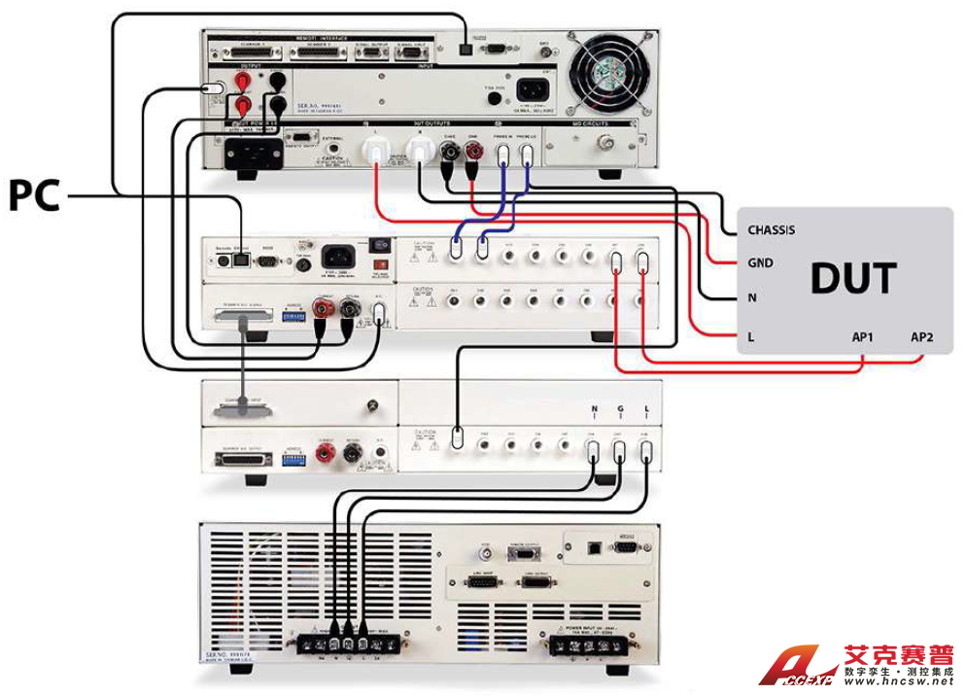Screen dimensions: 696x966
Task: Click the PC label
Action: pyautogui.click(x=35, y=195)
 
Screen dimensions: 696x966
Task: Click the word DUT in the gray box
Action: pyautogui.click(x=852, y=278)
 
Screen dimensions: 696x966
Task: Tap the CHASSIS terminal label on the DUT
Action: pyautogui.click(x=771, y=230)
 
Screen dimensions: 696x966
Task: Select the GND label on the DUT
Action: pyautogui.click(x=760, y=263)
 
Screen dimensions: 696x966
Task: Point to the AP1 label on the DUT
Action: pyautogui.click(x=862, y=336)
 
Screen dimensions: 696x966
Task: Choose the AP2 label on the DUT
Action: pyautogui.click(x=923, y=336)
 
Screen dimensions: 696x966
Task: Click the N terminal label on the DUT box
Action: pyautogui.click(x=751, y=298)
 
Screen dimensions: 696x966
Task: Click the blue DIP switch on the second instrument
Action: pyautogui.click(x=289, y=317)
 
